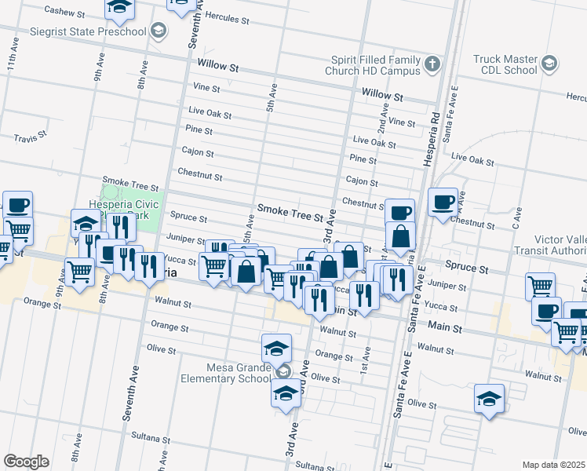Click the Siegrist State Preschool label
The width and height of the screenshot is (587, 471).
click(x=98, y=31)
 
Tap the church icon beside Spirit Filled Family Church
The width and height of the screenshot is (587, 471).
click(x=432, y=63)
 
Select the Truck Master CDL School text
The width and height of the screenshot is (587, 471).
click(x=505, y=64)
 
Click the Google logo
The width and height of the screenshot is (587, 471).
click(x=26, y=461)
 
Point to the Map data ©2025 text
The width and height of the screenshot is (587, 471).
click(x=553, y=465)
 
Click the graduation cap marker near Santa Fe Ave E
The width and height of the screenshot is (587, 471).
click(x=490, y=399)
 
